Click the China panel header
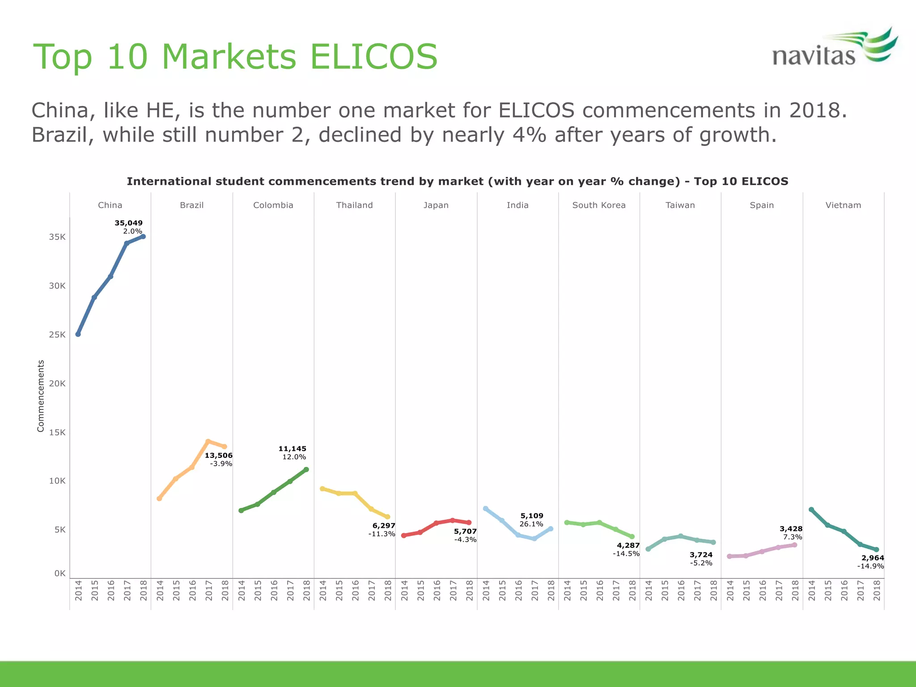click(110, 205)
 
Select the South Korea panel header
click(599, 205)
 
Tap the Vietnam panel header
click(843, 205)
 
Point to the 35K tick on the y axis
click(57, 237)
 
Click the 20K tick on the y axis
click(57, 383)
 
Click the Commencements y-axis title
click(41, 396)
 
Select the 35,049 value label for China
click(128, 223)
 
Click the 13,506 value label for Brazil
click(219, 455)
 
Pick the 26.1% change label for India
click(531, 524)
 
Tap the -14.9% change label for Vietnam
click(870, 566)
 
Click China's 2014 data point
click(78, 334)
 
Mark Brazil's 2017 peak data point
click(208, 441)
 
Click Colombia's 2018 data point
click(306, 470)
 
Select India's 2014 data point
click(485, 509)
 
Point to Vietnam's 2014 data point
click(811, 509)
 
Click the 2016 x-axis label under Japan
click(437, 590)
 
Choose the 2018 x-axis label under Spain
click(795, 590)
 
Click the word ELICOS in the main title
click(373, 57)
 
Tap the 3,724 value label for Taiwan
click(701, 555)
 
